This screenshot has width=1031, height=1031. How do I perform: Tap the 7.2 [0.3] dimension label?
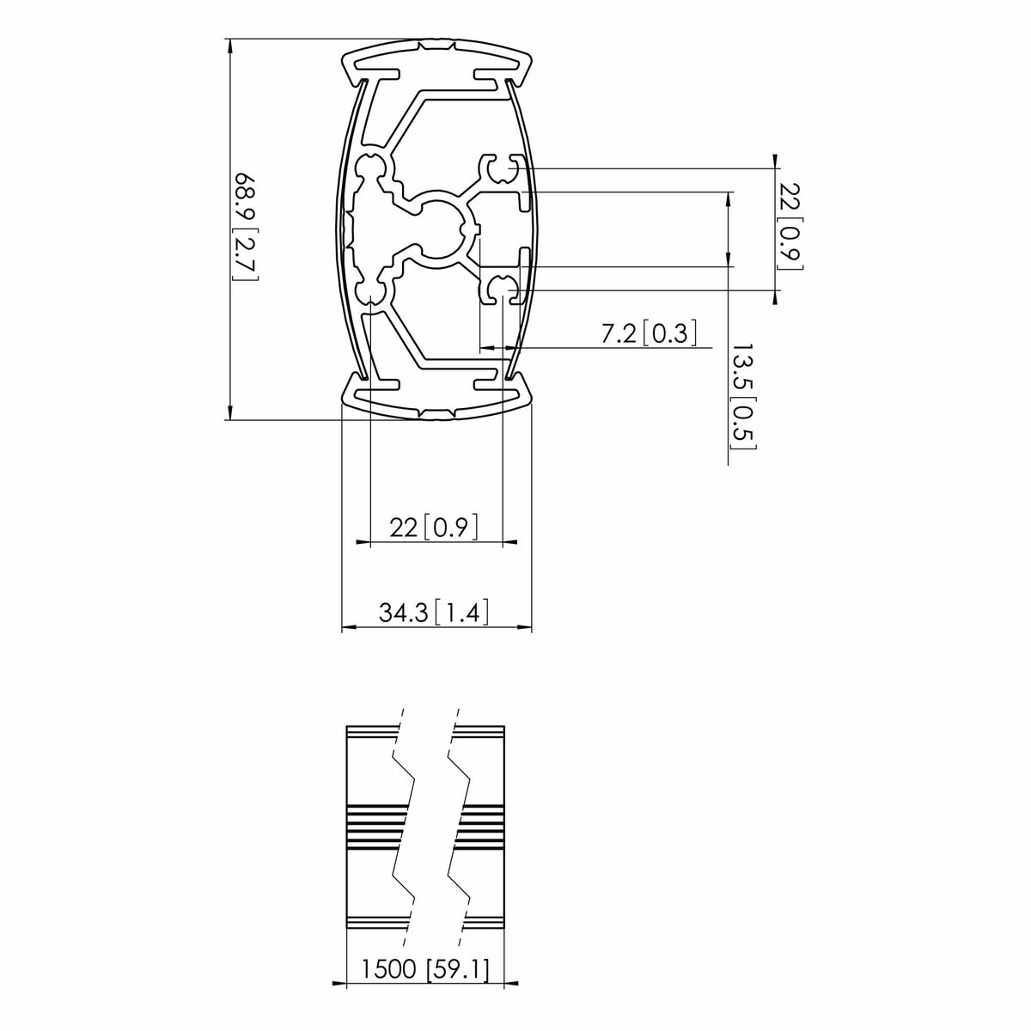(x=648, y=333)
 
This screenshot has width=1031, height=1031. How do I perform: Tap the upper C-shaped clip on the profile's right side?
(x=502, y=169)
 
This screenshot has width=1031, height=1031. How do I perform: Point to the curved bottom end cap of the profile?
(x=438, y=400)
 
